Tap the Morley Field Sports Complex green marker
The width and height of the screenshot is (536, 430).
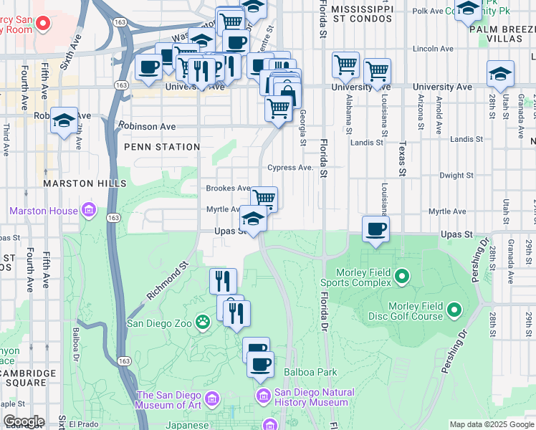[401, 276]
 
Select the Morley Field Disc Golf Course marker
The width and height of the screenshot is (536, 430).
[453, 310]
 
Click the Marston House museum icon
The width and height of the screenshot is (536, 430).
[88, 211]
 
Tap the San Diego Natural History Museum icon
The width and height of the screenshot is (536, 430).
[263, 396]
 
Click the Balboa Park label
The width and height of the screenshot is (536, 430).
[310, 373]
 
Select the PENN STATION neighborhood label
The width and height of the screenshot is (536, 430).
[162, 147]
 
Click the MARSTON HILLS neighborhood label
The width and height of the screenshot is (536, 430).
[80, 183]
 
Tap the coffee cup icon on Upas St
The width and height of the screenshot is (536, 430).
[375, 229]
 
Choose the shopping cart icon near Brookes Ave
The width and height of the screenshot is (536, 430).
[264, 198]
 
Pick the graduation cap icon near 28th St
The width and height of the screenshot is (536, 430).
[500, 73]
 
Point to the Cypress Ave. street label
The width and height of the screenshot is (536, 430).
[290, 168]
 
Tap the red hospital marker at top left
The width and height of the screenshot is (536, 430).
[42, 24]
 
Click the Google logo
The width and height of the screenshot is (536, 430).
[23, 421]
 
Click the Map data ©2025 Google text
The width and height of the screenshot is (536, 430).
[492, 424]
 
